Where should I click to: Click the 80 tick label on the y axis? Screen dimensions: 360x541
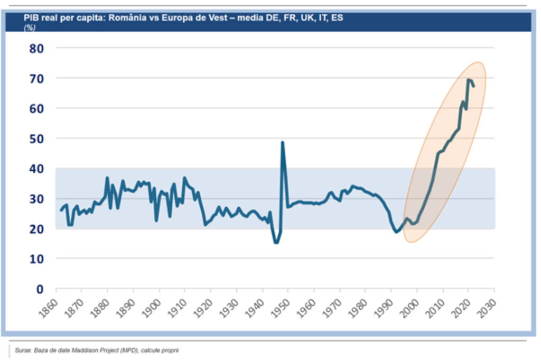point(35,48)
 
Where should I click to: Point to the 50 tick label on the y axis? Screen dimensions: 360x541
point(35,139)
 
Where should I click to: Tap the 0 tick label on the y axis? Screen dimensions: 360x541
point(39,289)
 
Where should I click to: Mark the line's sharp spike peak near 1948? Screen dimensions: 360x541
point(283,142)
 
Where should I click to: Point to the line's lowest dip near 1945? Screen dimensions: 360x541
point(276,243)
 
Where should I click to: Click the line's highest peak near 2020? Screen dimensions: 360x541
point(468,80)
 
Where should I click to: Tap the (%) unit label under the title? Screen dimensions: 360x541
point(30,27)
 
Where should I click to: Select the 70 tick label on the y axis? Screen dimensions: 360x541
point(35,78)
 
